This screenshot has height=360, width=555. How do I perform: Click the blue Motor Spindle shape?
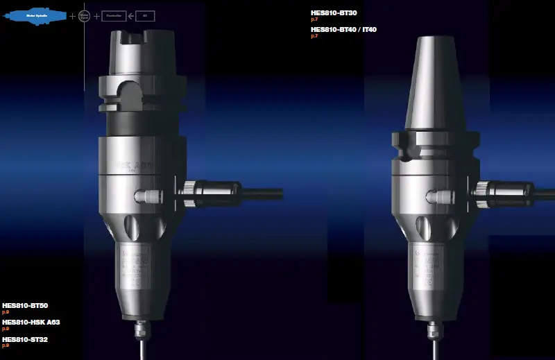click(x=35, y=15)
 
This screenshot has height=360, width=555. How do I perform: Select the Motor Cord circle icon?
click(x=84, y=15)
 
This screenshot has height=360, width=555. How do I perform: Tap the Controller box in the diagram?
click(x=114, y=15)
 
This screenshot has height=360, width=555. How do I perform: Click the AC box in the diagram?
click(x=144, y=15)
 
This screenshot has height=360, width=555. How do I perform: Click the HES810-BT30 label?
click(x=334, y=12)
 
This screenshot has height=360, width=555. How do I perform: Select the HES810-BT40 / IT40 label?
click(x=343, y=29)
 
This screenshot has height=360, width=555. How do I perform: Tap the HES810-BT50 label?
click(x=25, y=305)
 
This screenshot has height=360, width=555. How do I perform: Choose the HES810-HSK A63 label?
click(x=31, y=322)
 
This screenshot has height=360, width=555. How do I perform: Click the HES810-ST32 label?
click(x=25, y=339)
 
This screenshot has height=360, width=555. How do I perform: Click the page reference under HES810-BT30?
click(x=314, y=19)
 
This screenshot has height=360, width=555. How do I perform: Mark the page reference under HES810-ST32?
click(x=5, y=345)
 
